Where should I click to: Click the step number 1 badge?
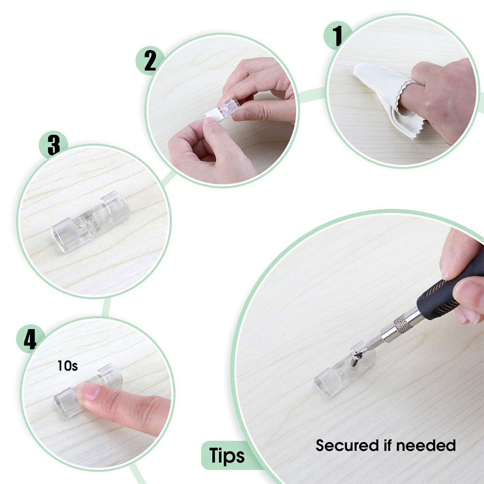(337, 35)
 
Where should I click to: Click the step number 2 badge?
(150, 61)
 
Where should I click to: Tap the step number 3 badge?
(53, 145)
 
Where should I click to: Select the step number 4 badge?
(30, 339)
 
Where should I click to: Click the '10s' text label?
(68, 366)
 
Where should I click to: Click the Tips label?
(227, 456)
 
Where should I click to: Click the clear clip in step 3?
(90, 222)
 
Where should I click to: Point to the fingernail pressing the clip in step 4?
(87, 392)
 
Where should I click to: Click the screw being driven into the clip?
(356, 359)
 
